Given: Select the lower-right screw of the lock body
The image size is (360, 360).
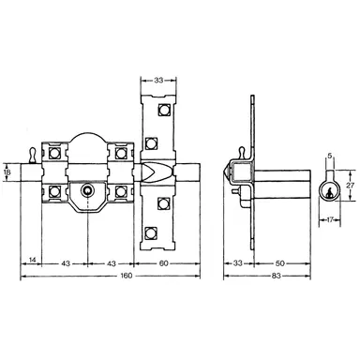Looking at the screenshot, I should pyautogui.click(x=120, y=194).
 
